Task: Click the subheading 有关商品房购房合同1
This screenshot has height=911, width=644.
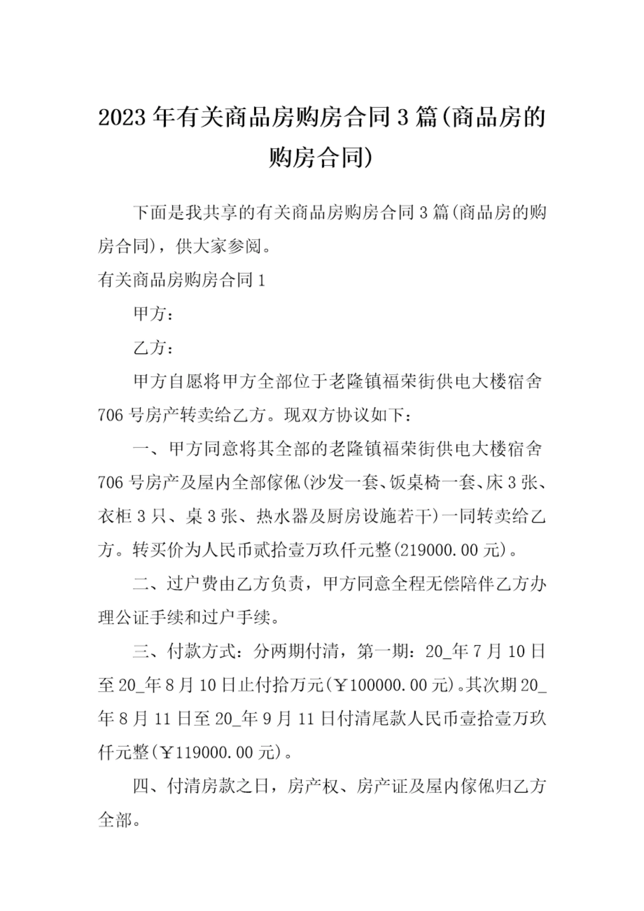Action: [181, 281]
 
